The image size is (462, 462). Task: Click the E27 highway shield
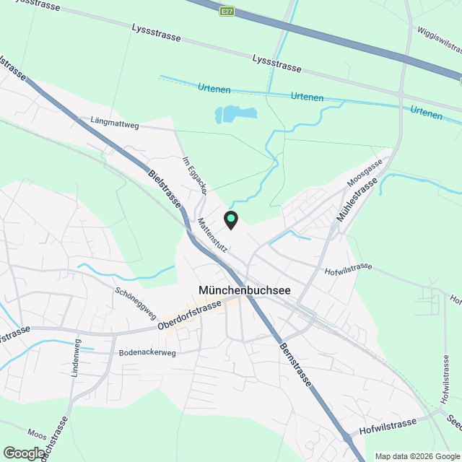pos(228,11)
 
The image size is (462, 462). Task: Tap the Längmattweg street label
pos(115,123)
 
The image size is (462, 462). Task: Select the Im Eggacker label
pos(196,174)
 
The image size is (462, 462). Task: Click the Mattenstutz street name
pos(214,235)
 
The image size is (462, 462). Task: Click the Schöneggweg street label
pos(135,304)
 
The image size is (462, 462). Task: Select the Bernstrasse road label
pos(297,365)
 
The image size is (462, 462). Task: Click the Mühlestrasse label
pos(357,201)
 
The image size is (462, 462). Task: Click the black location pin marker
pos(231,219)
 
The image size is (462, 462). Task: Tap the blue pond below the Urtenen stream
pos(236,113)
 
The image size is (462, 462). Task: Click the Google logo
pos(23,453)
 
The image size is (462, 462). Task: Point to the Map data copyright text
pos(417,456)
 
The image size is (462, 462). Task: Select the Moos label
pos(37,434)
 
